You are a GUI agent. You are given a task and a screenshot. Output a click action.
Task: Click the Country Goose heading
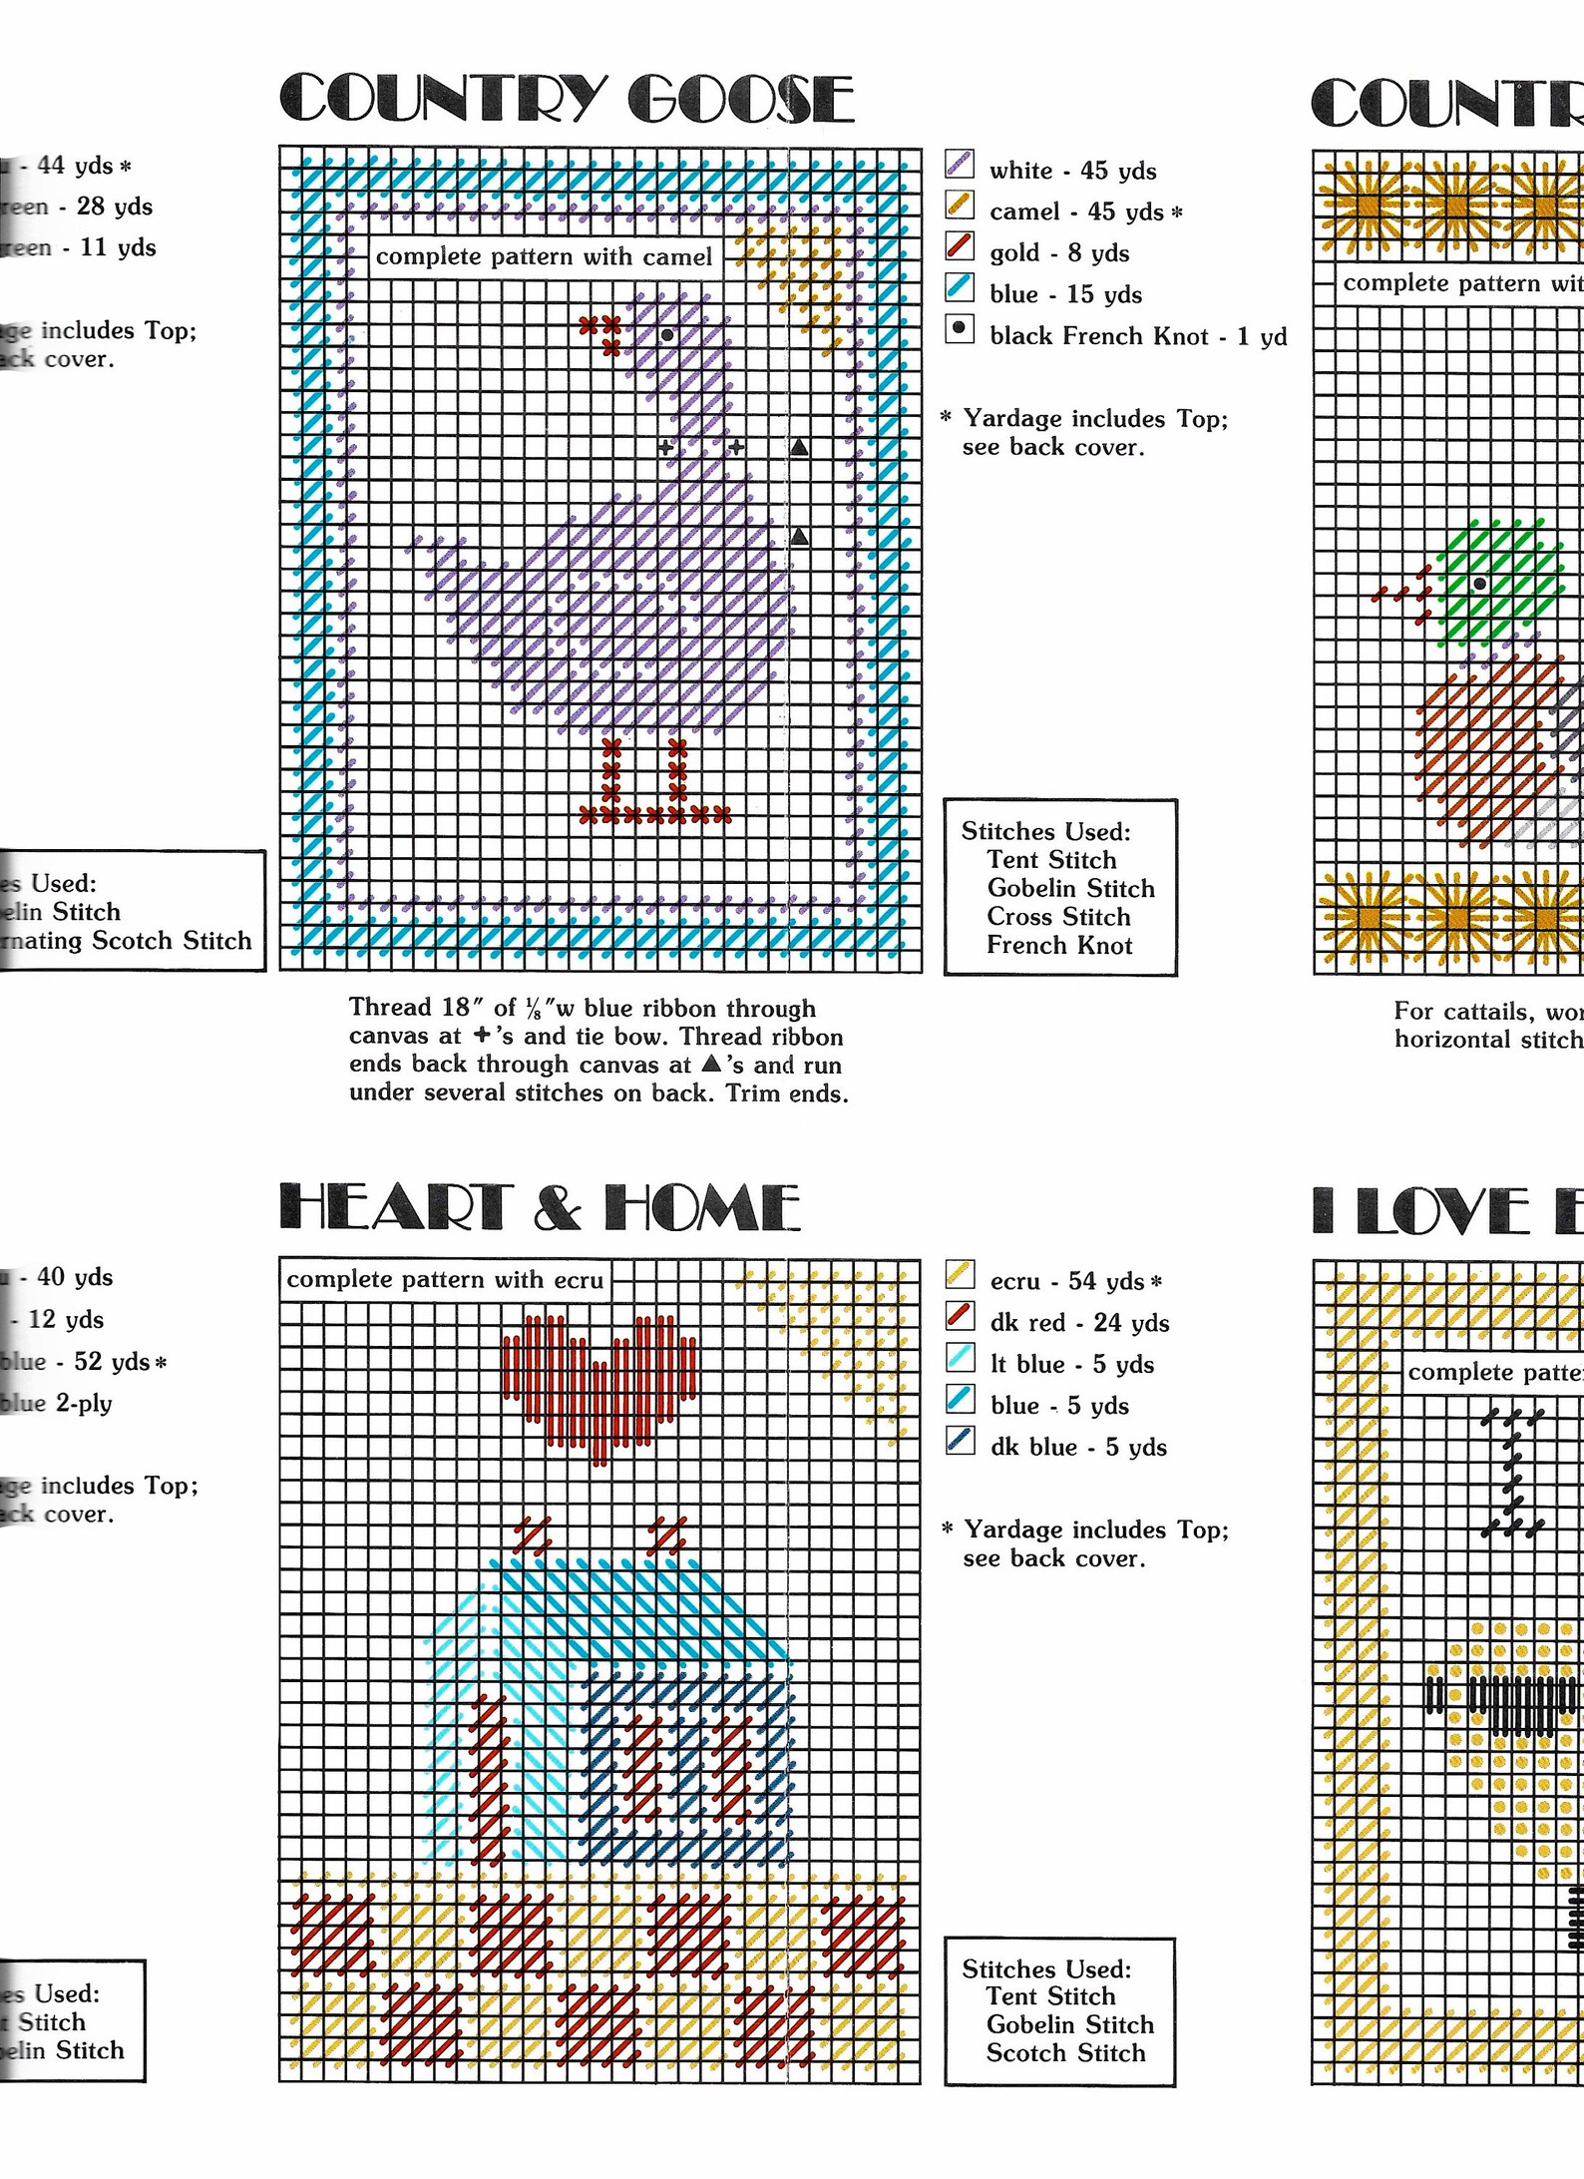[567, 99]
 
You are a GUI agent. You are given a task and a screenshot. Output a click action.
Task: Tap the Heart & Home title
[540, 1207]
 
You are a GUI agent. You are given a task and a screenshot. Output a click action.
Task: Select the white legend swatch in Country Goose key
[960, 165]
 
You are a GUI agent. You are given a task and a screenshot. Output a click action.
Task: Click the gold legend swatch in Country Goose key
[960, 246]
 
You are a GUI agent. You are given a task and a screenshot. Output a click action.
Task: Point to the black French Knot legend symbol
[960, 328]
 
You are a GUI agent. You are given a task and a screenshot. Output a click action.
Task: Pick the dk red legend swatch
[960, 1317]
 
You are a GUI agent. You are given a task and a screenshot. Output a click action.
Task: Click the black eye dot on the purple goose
[667, 334]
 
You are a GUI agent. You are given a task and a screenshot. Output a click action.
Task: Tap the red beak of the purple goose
[602, 333]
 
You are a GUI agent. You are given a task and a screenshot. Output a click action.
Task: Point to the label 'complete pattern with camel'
[544, 256]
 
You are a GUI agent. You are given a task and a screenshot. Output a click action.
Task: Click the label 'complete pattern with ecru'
[445, 1280]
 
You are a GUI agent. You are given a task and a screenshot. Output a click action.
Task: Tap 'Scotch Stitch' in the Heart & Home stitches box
[1065, 2053]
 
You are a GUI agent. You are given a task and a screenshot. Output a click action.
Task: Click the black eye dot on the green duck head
[1480, 584]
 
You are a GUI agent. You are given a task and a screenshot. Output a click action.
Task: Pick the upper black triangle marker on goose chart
[799, 448]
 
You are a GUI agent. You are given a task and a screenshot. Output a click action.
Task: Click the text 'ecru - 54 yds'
[1066, 1281]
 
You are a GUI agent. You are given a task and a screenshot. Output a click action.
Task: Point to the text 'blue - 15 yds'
[1065, 294]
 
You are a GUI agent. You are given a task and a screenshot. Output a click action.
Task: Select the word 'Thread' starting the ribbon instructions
[394, 1008]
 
